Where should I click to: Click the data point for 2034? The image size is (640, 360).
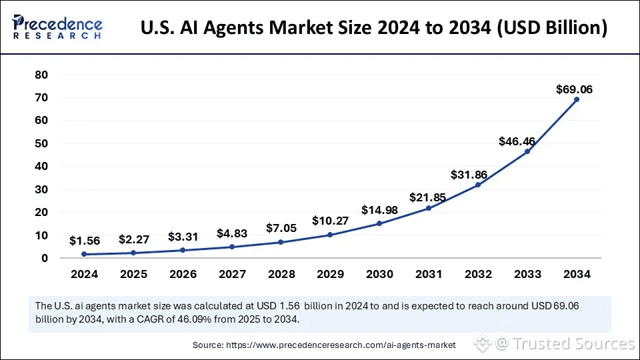[577, 99]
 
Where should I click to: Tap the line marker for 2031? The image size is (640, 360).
[429, 208]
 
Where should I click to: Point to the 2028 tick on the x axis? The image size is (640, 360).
[281, 274]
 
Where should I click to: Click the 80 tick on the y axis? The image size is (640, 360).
[41, 75]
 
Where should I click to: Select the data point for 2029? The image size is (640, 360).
[330, 235]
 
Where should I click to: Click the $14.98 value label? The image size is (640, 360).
[379, 210]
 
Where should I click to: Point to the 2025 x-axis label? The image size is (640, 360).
[133, 274]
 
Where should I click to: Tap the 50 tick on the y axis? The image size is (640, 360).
[41, 144]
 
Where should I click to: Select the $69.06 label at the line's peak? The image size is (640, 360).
[575, 89]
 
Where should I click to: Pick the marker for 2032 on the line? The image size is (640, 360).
[478, 185]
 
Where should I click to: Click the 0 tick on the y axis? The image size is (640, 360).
[45, 258]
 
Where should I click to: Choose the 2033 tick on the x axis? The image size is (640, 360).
[527, 274]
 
